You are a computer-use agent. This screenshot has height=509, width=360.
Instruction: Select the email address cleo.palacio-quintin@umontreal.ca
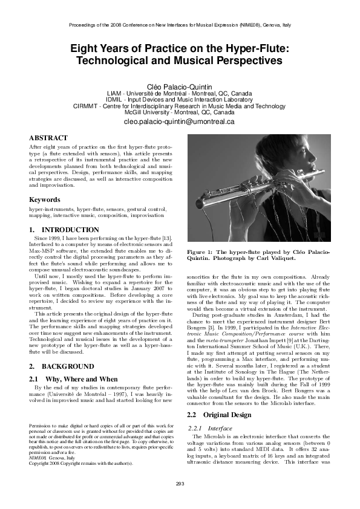180,122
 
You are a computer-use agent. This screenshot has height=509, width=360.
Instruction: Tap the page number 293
180,500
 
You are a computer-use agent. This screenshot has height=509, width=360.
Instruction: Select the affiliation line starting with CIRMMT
180,106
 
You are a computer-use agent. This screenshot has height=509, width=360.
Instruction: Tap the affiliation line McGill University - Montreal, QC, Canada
180,112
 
